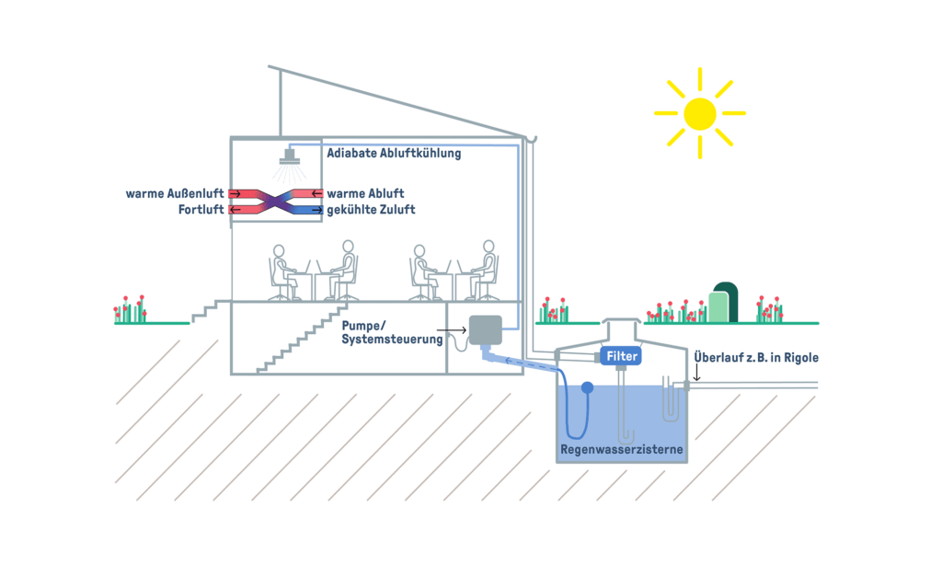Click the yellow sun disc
tap(699, 113)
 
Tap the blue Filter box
tap(622, 356)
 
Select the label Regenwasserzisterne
tap(622, 451)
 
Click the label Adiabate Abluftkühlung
tap(394, 154)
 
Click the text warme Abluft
tap(365, 194)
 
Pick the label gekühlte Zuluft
tap(371, 210)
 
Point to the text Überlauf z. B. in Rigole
tap(755, 357)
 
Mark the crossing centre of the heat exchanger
tap(274, 202)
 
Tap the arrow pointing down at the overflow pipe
tap(696, 374)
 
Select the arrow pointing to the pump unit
tap(451, 329)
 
